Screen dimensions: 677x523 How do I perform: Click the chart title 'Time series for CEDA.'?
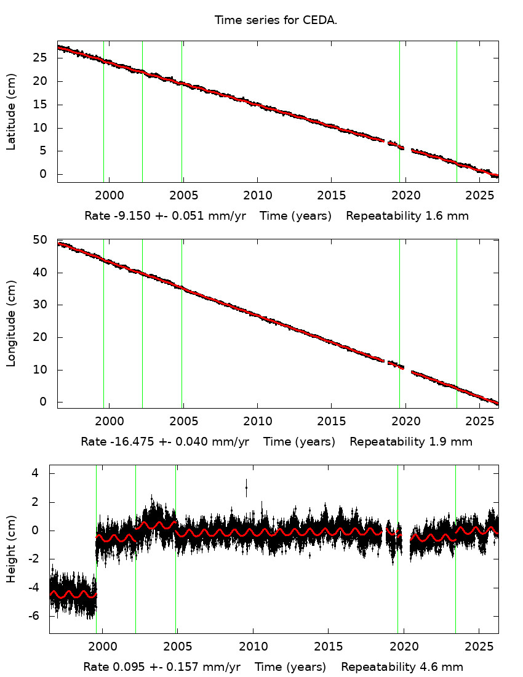[x=276, y=20]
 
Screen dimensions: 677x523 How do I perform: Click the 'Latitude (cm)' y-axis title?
[x=11, y=112]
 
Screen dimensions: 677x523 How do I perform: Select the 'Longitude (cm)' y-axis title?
[x=11, y=324]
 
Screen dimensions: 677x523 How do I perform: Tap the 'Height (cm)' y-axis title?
[x=11, y=549]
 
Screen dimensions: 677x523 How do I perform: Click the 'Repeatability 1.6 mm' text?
[x=407, y=216]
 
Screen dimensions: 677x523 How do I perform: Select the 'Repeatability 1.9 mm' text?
[x=411, y=442]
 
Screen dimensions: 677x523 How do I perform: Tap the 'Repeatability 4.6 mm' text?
[x=402, y=667]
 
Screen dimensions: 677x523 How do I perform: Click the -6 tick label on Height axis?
[x=36, y=616]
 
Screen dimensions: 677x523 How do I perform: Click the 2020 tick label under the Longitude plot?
[x=405, y=423]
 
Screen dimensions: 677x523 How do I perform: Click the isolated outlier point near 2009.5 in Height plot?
[x=246, y=488]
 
